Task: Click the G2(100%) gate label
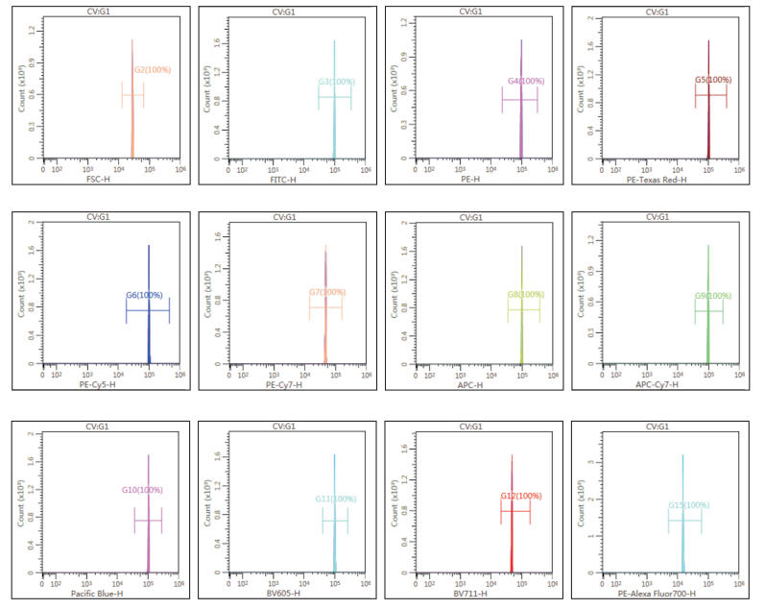point(152,70)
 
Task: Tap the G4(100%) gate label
point(526,81)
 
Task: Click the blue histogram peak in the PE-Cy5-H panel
point(149,307)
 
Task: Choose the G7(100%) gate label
point(326,292)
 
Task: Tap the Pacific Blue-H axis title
point(97,594)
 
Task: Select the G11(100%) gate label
point(336,499)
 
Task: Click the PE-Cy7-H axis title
point(283,385)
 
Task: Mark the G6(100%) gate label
point(144,295)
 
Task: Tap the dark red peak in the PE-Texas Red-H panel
point(708,106)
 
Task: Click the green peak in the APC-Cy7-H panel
point(708,317)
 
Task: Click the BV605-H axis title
point(281,594)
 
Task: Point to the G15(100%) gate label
point(690,505)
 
